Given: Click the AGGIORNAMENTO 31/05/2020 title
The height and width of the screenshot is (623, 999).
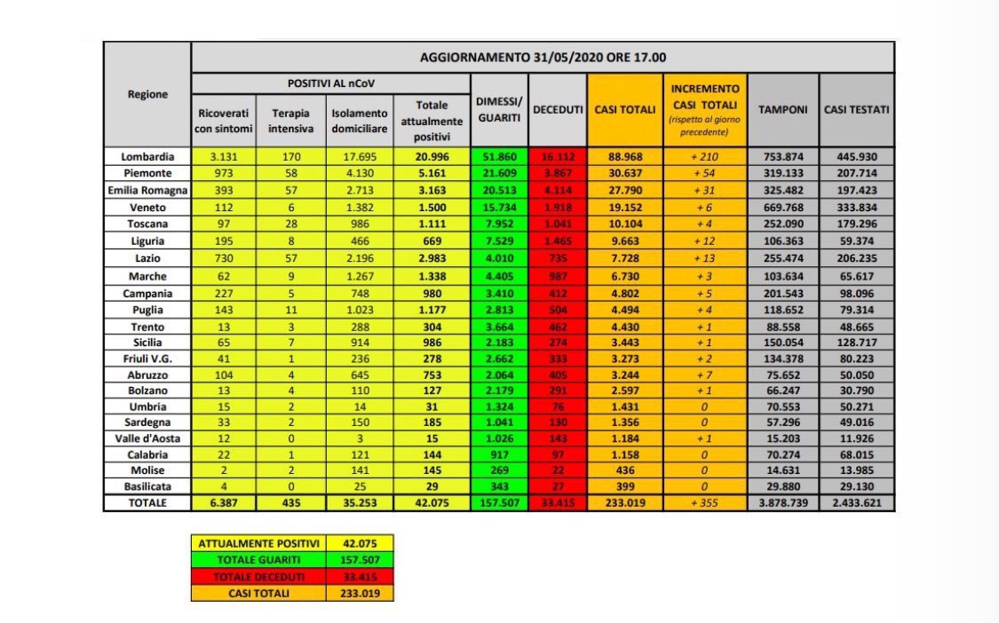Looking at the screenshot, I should click(x=543, y=57).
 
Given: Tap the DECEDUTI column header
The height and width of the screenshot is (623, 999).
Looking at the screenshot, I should click(x=558, y=109).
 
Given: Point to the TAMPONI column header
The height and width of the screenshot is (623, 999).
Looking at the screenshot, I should click(x=782, y=109).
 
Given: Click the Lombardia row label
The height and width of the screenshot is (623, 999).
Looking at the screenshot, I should click(x=147, y=157).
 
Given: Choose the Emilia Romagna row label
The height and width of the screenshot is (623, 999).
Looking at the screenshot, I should click(x=147, y=189).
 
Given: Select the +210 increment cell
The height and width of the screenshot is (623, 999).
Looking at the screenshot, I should click(x=705, y=157).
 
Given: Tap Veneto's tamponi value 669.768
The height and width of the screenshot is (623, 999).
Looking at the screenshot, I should click(x=782, y=206).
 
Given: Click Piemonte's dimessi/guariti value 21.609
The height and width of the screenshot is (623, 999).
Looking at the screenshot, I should click(x=499, y=173).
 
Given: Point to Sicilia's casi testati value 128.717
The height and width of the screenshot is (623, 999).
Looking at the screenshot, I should click(x=857, y=342).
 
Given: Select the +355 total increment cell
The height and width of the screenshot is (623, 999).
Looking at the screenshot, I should click(x=705, y=502).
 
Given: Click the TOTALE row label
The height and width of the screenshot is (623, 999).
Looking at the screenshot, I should click(x=147, y=502).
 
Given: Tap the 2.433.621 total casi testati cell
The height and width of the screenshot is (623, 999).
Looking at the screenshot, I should click(x=857, y=502).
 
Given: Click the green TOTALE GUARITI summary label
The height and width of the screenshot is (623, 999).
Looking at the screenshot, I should click(x=258, y=560).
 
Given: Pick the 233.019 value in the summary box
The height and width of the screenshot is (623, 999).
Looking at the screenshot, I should click(x=360, y=594).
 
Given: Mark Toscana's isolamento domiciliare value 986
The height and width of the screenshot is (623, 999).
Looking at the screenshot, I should click(x=360, y=222).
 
